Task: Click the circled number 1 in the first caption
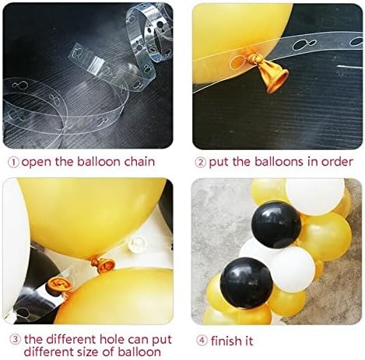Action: (x=13, y=163)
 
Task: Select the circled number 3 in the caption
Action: (x=13, y=340)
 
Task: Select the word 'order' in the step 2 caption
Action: (x=335, y=163)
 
